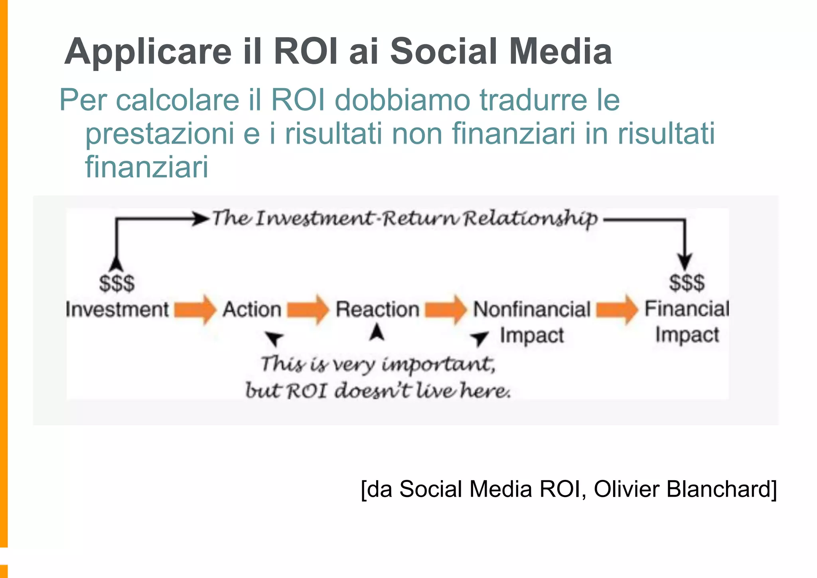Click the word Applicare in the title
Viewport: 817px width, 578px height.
(x=148, y=52)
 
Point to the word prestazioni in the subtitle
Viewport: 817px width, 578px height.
(x=160, y=134)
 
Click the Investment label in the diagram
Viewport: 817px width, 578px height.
(x=117, y=310)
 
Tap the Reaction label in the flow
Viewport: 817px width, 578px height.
(x=377, y=310)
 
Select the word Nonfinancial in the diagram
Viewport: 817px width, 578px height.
(x=532, y=310)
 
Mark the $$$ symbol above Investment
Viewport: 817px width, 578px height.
(x=117, y=284)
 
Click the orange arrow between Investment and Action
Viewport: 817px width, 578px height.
(x=195, y=310)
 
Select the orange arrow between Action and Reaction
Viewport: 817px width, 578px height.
(x=308, y=310)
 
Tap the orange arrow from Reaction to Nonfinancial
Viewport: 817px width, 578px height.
(x=445, y=310)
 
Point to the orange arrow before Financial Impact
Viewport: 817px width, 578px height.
(x=617, y=310)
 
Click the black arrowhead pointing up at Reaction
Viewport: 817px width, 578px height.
(x=377, y=332)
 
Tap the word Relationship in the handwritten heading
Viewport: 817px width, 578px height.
(x=531, y=219)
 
